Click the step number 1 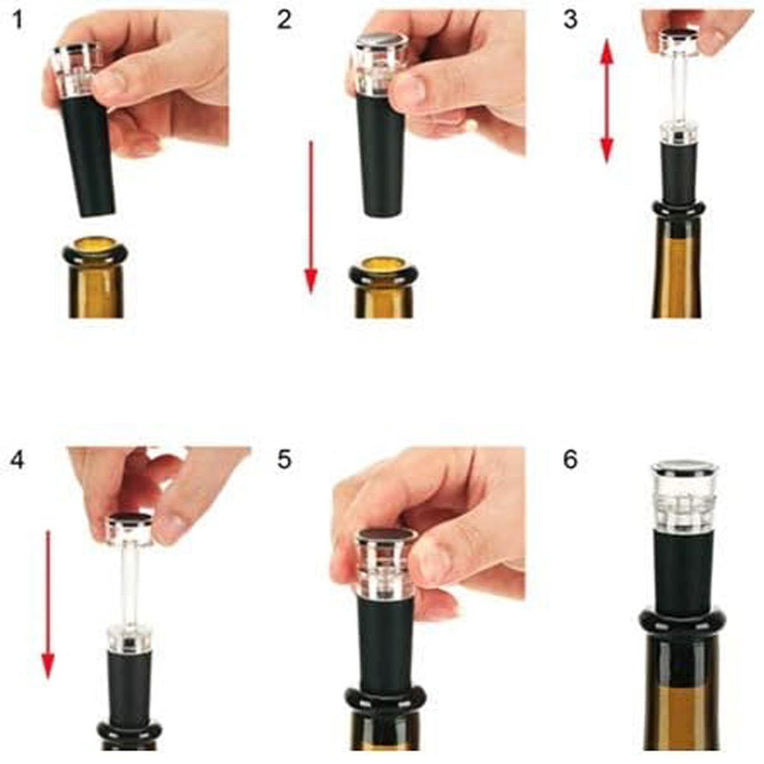17,20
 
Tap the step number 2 285,20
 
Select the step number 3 570,20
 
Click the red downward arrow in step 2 311,218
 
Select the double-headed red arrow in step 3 607,101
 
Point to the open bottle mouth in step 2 383,267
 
